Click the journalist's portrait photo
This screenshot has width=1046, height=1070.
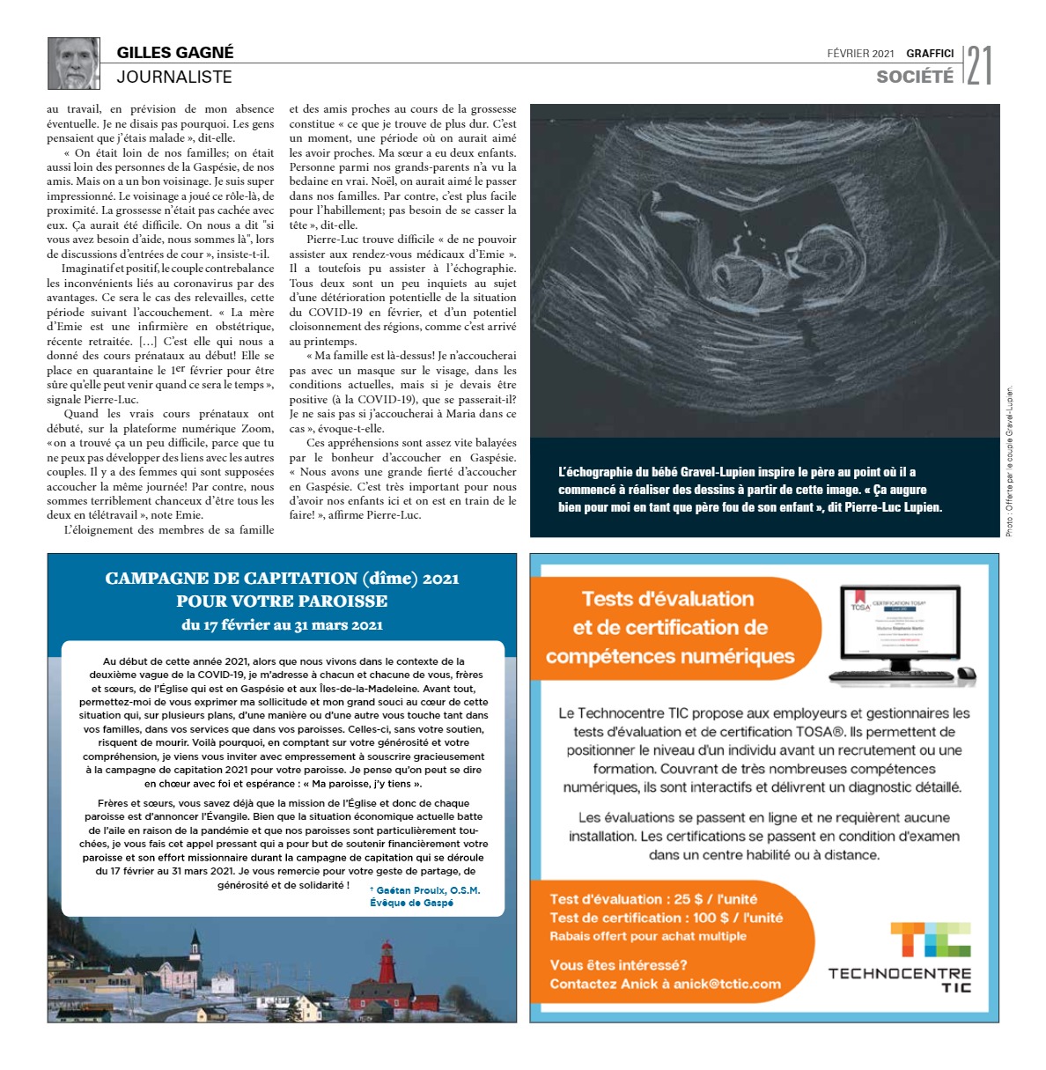pos(74,63)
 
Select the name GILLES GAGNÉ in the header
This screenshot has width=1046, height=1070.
pos(175,52)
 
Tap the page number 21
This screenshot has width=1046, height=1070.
pos(979,65)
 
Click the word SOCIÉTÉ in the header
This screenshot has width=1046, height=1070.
pos(915,77)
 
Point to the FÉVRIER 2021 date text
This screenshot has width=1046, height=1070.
pos(860,54)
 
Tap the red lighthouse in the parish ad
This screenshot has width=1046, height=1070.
pos(386,963)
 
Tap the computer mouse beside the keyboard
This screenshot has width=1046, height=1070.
pos(966,674)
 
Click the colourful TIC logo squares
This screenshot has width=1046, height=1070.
pos(930,940)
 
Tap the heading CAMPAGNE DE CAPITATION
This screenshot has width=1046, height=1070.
pos(282,579)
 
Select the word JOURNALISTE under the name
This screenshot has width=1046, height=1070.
pos(174,77)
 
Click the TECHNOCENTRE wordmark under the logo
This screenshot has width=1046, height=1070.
pos(899,973)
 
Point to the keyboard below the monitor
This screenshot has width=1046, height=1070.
pos(891,676)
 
